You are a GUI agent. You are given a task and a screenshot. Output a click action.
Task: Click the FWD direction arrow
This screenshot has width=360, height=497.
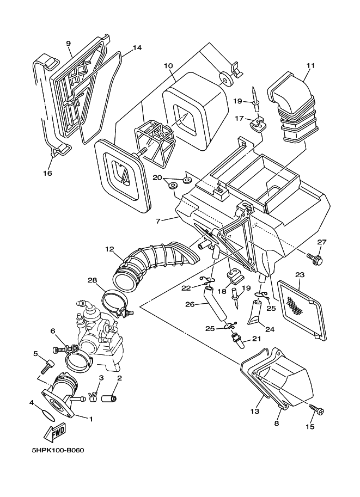coord(56,432)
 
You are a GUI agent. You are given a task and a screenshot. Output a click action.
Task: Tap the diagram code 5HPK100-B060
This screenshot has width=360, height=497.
coord(58,450)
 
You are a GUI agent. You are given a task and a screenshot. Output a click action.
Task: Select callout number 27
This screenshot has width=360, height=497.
coord(321,242)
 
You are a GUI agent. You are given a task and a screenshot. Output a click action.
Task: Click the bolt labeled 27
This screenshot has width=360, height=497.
coord(314,259)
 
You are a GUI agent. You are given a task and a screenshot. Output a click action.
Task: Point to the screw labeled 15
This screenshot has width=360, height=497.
coord(315,409)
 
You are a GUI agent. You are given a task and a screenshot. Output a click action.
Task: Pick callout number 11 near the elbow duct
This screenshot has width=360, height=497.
coord(310,66)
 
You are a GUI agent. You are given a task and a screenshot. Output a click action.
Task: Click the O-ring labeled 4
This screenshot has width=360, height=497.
coord(48,416)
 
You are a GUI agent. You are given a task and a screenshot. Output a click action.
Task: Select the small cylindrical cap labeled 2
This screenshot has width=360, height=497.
coord(109,398)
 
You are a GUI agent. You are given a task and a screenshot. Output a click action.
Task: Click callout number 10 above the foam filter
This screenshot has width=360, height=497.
coord(168,66)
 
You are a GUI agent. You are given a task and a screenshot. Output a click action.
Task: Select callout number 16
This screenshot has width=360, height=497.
coord(47,173)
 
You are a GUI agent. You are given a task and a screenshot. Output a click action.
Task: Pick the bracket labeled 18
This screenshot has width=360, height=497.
coord(235,275)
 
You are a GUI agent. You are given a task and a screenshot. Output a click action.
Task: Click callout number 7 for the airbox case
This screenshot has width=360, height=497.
coord(158,221)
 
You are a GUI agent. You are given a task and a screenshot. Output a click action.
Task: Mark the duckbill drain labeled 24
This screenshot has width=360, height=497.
coord(255,312)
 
